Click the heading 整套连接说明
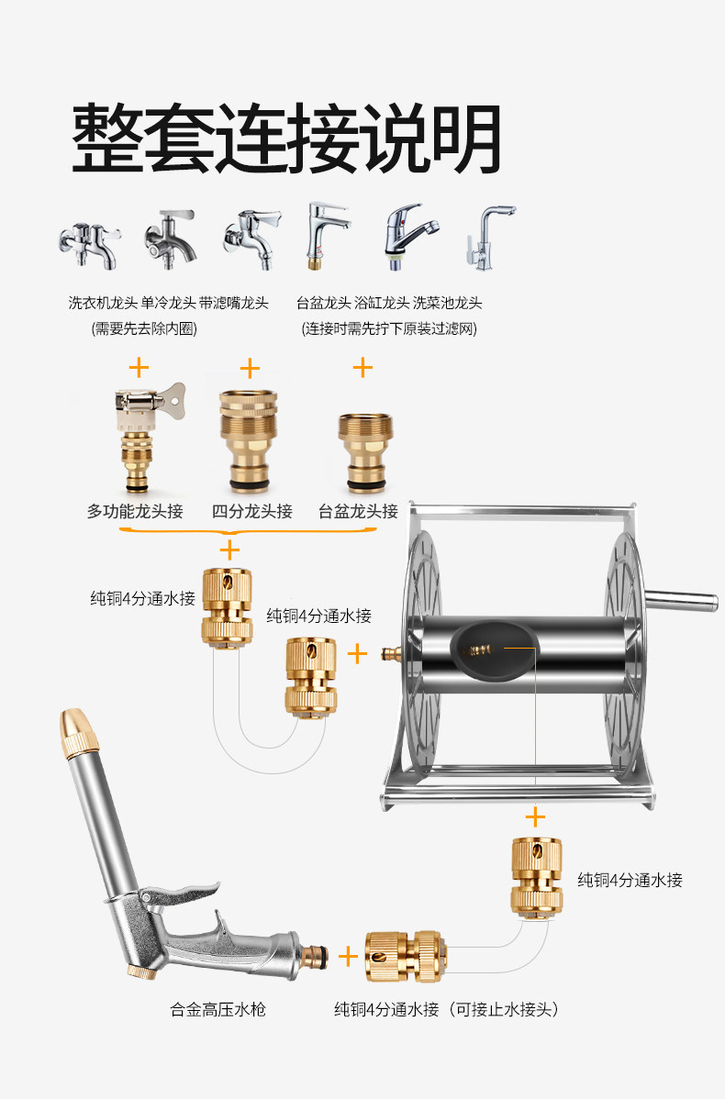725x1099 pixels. [286, 139]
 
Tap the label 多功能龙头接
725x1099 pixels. [135, 512]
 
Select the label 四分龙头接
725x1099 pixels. [251, 512]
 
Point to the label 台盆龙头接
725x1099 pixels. [358, 512]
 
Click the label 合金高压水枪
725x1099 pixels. [218, 1009]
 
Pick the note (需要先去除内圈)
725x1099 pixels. [144, 328]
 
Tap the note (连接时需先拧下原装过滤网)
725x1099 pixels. [389, 328]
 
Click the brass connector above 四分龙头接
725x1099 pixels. [249, 440]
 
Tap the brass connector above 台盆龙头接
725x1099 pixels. [365, 452]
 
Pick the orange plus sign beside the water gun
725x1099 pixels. [348, 956]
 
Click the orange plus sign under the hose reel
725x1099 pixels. [535, 817]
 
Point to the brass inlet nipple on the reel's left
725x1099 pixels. [391, 655]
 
